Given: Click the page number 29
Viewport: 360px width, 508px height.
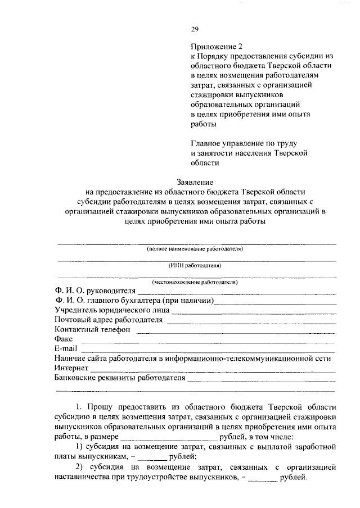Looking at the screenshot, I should pyautogui.click(x=195, y=30).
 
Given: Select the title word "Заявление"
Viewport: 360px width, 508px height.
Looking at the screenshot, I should pyautogui.click(x=195, y=182).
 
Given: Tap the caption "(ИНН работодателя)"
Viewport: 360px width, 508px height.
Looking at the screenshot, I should pyautogui.click(x=195, y=265).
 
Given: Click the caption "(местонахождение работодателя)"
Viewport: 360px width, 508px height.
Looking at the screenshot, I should pyautogui.click(x=195, y=282).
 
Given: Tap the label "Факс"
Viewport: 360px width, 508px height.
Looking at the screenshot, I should pyautogui.click(x=64, y=339).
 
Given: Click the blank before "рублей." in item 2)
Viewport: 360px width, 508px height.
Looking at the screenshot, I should pyautogui.click(x=263, y=479).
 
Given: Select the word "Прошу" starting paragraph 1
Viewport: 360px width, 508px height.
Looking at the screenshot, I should pyautogui.click(x=100, y=406).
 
